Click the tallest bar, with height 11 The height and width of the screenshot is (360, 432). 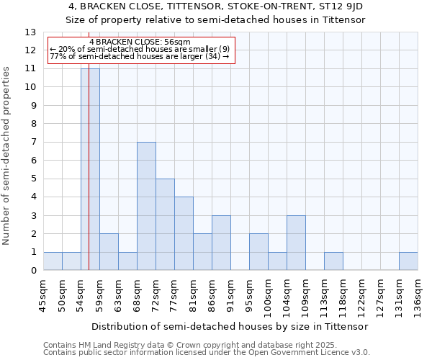90,169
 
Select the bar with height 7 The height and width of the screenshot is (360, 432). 146,206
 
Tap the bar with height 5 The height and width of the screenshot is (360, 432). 165,225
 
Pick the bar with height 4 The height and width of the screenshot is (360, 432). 184,233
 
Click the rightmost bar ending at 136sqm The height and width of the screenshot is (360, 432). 408,261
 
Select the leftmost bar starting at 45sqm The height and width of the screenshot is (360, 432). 53,261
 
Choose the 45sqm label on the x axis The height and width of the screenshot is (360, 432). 43,294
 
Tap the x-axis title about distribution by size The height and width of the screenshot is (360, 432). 230,326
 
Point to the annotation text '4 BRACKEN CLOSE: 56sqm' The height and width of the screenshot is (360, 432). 142,42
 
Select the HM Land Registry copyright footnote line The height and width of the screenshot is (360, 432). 190,345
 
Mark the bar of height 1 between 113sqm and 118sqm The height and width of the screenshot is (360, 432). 333,261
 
